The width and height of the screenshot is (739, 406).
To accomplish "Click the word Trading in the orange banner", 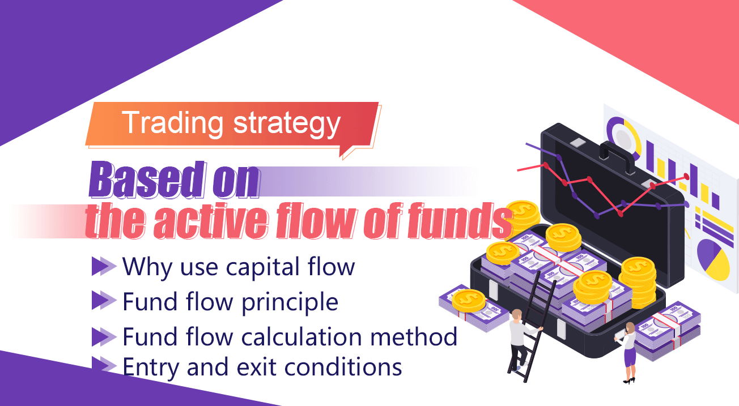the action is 172,123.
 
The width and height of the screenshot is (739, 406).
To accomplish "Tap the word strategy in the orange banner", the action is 287,124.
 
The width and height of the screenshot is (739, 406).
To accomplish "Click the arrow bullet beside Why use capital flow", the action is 104,266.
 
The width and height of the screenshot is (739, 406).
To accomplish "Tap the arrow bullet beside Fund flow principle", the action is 104,300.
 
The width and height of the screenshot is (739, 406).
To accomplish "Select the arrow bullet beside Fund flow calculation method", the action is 104,337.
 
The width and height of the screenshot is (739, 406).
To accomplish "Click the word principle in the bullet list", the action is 290,302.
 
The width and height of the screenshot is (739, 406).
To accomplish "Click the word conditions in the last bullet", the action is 343,367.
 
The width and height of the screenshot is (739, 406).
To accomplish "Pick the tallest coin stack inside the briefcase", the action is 638,282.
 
